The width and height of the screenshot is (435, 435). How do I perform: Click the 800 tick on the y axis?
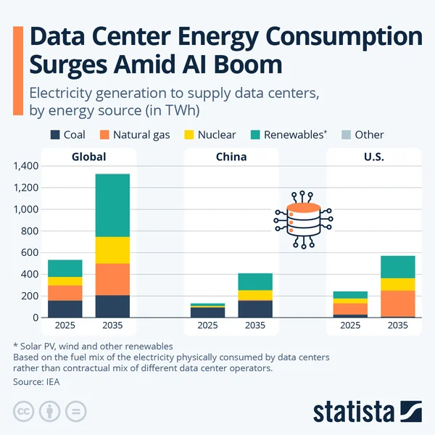29,231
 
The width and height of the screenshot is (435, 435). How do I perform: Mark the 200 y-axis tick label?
29,297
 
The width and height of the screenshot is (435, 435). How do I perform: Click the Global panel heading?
88,157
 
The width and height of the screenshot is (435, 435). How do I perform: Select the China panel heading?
231,157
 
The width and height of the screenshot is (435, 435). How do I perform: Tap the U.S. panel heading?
374,157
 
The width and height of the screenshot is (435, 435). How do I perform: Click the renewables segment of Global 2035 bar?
113,205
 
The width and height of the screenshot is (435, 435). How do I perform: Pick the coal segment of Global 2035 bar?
113,306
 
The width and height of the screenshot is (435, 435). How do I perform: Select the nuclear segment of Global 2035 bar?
113,250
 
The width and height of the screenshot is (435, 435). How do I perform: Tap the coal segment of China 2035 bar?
255,309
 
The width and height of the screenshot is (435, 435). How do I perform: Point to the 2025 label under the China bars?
207,326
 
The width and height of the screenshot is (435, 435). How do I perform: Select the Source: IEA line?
36,381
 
